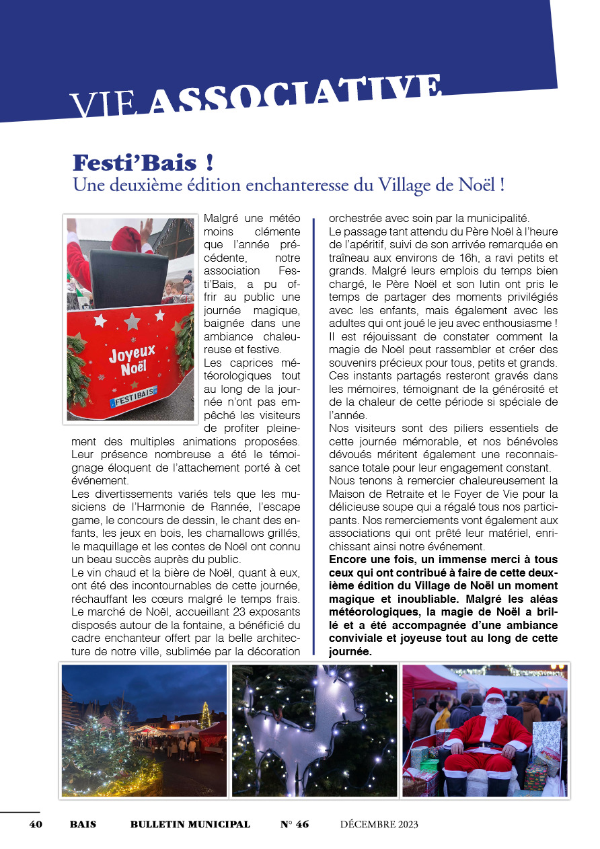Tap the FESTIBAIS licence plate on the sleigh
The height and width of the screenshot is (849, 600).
pyautogui.click(x=133, y=397)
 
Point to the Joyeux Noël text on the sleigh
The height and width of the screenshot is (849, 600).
pyautogui.click(x=133, y=361)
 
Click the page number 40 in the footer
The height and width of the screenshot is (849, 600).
pyautogui.click(x=36, y=824)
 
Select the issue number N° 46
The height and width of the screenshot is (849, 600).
pyautogui.click(x=295, y=824)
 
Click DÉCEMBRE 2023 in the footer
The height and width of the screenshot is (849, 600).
pyautogui.click(x=379, y=824)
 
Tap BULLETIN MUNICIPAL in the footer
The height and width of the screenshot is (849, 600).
pyautogui.click(x=190, y=824)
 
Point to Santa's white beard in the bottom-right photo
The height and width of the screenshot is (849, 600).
pyautogui.click(x=495, y=712)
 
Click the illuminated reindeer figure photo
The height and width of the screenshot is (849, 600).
pyautogui.click(x=315, y=731)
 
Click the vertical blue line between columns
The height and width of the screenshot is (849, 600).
pyautogui.click(x=313, y=437)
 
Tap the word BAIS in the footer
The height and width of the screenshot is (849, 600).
pyautogui.click(x=83, y=824)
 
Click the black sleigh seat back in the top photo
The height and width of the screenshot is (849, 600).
pyautogui.click(x=129, y=277)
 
